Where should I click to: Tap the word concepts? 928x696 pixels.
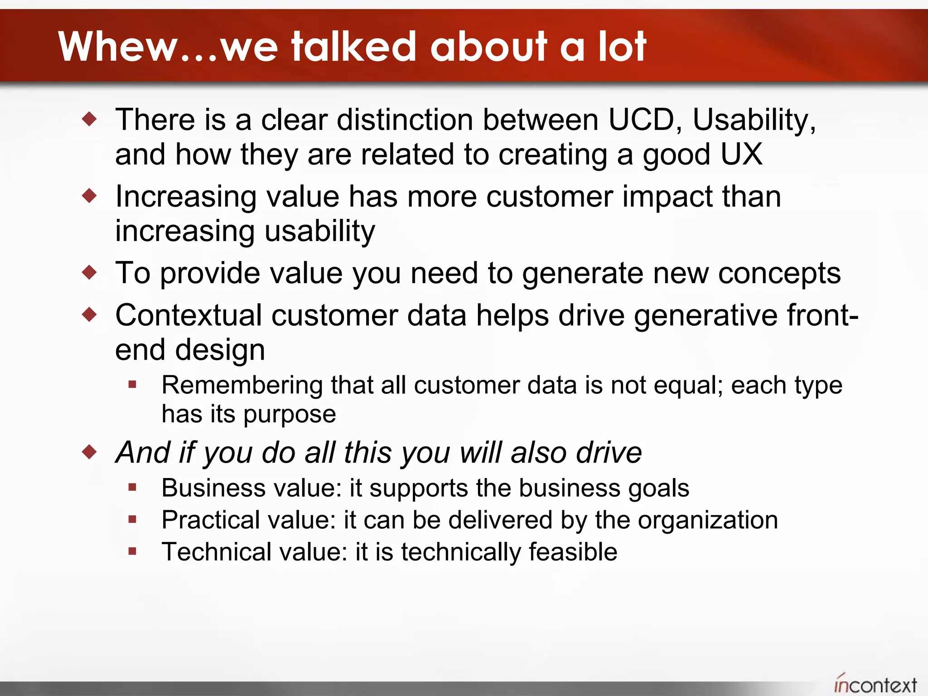pos(779,274)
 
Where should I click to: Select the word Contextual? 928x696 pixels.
pos(188,315)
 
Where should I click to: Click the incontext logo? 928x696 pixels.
pos(875,684)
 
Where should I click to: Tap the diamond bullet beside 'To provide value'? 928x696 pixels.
pos(90,272)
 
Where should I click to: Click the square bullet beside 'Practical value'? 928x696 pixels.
pos(132,519)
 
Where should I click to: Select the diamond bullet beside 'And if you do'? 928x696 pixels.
pos(90,451)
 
